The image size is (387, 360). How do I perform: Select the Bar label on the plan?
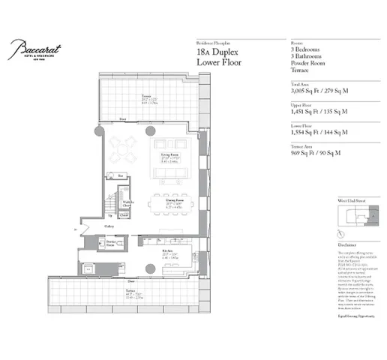[x=121, y=175]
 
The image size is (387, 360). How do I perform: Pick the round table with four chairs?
[x=124, y=148]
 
